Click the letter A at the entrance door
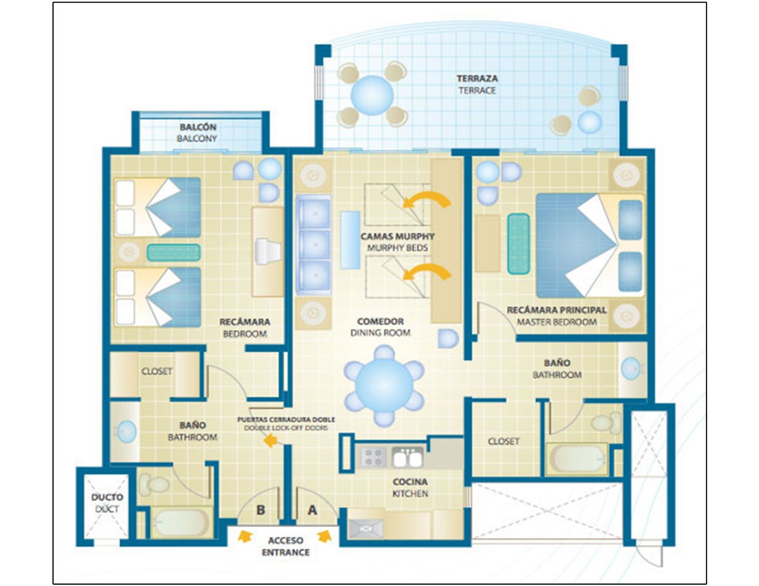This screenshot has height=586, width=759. point(312,510)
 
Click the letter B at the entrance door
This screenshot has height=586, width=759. point(261,510)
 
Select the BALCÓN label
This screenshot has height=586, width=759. point(198,127)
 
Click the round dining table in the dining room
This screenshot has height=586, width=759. point(384,386)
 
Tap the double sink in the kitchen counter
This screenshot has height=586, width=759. point(407,457)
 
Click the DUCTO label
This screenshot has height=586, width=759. point(107,497)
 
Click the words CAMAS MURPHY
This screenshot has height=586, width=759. point(397,237)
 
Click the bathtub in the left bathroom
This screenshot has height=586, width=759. point(181,523)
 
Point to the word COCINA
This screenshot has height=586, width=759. point(410,482)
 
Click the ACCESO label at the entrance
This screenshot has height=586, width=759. point(286,541)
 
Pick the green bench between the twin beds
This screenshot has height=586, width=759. point(173,253)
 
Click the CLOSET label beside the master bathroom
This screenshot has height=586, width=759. point(503,441)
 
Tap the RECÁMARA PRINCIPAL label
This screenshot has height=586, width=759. point(556,310)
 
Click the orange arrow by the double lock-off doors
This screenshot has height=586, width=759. point(270,441)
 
